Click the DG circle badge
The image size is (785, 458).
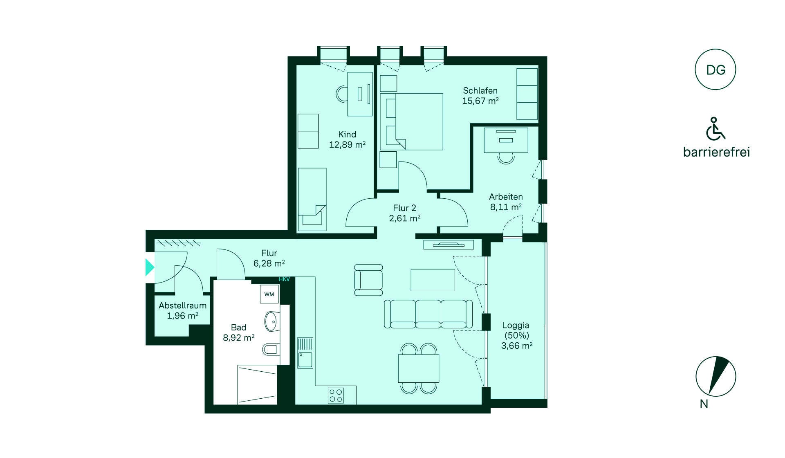[x=715, y=70]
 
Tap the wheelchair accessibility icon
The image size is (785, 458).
[x=715, y=128]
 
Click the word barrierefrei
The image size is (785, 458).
[x=716, y=152]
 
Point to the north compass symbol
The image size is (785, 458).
[x=716, y=376]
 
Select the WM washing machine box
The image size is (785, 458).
[x=269, y=294]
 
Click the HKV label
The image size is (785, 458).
[x=284, y=279]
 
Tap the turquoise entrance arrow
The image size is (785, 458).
[x=150, y=267]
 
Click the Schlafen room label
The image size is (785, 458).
[x=480, y=91]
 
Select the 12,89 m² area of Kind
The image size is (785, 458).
[x=347, y=144]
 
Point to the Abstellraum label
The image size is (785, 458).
[x=182, y=305]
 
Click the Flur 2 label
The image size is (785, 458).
[x=404, y=208]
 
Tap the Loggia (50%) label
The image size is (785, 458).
[x=516, y=330]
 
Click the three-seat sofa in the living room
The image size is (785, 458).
[x=428, y=314]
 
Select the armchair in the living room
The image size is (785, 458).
[x=368, y=280]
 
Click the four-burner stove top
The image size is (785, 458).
[x=336, y=395]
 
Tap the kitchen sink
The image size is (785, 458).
[x=305, y=352]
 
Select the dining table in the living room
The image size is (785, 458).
[x=418, y=368]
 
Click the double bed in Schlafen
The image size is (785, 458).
[x=411, y=121]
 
